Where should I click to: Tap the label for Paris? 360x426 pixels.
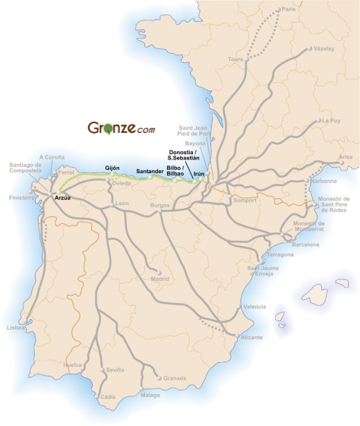pos(287,9)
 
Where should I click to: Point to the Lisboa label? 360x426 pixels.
pos(15,327)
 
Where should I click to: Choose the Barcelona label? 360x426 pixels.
pos(305,245)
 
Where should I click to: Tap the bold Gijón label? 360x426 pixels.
pos(113,167)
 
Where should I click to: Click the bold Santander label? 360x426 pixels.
pos(149,172)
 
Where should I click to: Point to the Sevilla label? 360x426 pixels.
pos(115,369)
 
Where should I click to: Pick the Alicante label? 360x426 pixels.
pos(251,336)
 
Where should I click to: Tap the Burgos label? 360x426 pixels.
pos(159,206)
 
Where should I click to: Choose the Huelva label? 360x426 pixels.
pos(73,365)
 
